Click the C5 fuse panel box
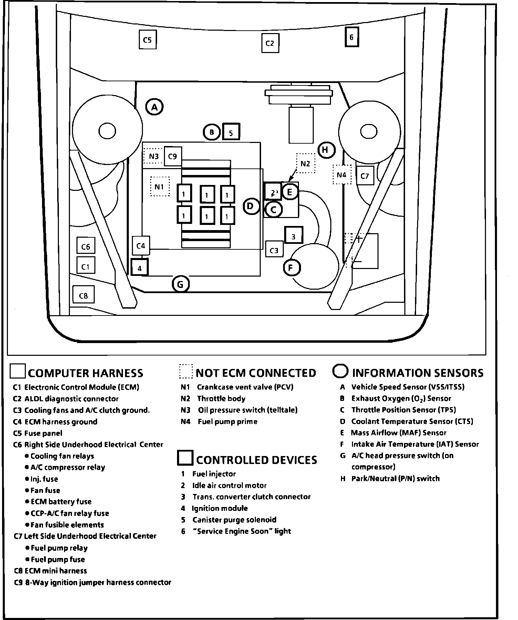pyautogui.click(x=147, y=40)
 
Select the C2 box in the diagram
pyautogui.click(x=270, y=43)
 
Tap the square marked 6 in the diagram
pyautogui.click(x=352, y=37)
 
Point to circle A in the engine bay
pyautogui.click(x=155, y=107)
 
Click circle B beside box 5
pyautogui.click(x=211, y=132)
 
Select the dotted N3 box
pyautogui.click(x=154, y=157)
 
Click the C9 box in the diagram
pyautogui.click(x=173, y=156)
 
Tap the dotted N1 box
pyautogui.click(x=160, y=187)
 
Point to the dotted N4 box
pyautogui.click(x=342, y=175)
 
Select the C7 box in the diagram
pyautogui.click(x=365, y=176)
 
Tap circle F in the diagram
pyautogui.click(x=292, y=267)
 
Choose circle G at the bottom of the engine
pyautogui.click(x=180, y=285)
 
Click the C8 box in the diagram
pyautogui.click(x=84, y=295)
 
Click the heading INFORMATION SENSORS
pyautogui.click(x=417, y=373)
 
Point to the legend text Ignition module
pyautogui.click(x=220, y=508)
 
